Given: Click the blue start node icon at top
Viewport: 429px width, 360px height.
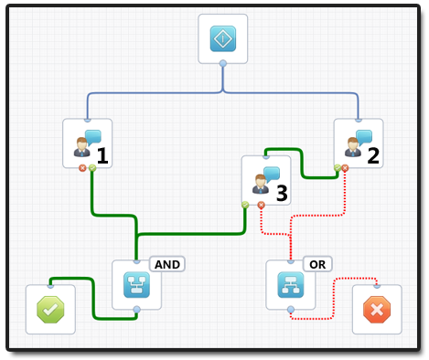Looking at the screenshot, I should point(223,39).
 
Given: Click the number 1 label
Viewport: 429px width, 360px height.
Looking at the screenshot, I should point(102,156).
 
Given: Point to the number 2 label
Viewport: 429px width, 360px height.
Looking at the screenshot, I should point(373,155).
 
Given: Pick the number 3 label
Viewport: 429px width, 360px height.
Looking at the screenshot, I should point(282,193).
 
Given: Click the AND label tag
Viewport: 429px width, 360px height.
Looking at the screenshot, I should point(167,264).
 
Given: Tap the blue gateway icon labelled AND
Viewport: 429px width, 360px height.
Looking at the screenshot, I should point(136,285).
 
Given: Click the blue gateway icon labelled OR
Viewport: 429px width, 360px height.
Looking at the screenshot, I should point(290,285).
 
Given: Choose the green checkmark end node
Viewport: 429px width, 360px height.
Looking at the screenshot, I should point(50,310).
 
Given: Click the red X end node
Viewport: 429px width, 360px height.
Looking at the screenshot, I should point(376,310).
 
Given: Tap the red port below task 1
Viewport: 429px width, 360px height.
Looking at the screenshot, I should point(82,168).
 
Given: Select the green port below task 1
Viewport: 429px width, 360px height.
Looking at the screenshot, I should point(92,168).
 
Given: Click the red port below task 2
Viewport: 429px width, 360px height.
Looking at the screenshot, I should point(346,168).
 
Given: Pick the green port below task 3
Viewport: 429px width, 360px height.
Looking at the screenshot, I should point(244,205).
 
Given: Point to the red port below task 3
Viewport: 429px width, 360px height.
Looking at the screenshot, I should point(262,205).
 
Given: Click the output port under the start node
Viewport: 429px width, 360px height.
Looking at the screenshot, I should point(223,63).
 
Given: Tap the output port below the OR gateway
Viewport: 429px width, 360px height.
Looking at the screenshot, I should point(290,310).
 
